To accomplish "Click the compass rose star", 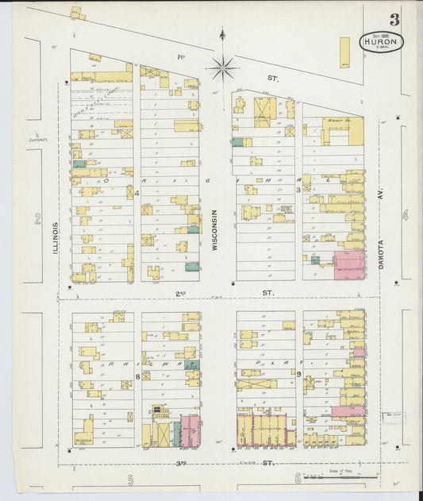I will coord(222,67).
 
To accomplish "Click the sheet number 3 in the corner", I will coord(394,20).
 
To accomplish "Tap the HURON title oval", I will coord(383,42).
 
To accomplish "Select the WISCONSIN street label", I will coord(214,230).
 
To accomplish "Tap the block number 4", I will coord(137,192).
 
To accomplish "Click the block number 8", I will coord(137,377).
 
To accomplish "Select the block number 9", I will coord(298,373).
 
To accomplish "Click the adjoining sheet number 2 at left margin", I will coord(37,220).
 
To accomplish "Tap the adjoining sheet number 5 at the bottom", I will coord(130,479).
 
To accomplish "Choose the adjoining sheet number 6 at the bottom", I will coord(298,478).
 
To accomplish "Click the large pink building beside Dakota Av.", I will coord(348,265).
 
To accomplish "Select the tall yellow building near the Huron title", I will coord(344,52).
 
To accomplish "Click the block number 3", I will coord(298,190).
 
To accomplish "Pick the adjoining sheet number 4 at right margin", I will coord(404,214).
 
